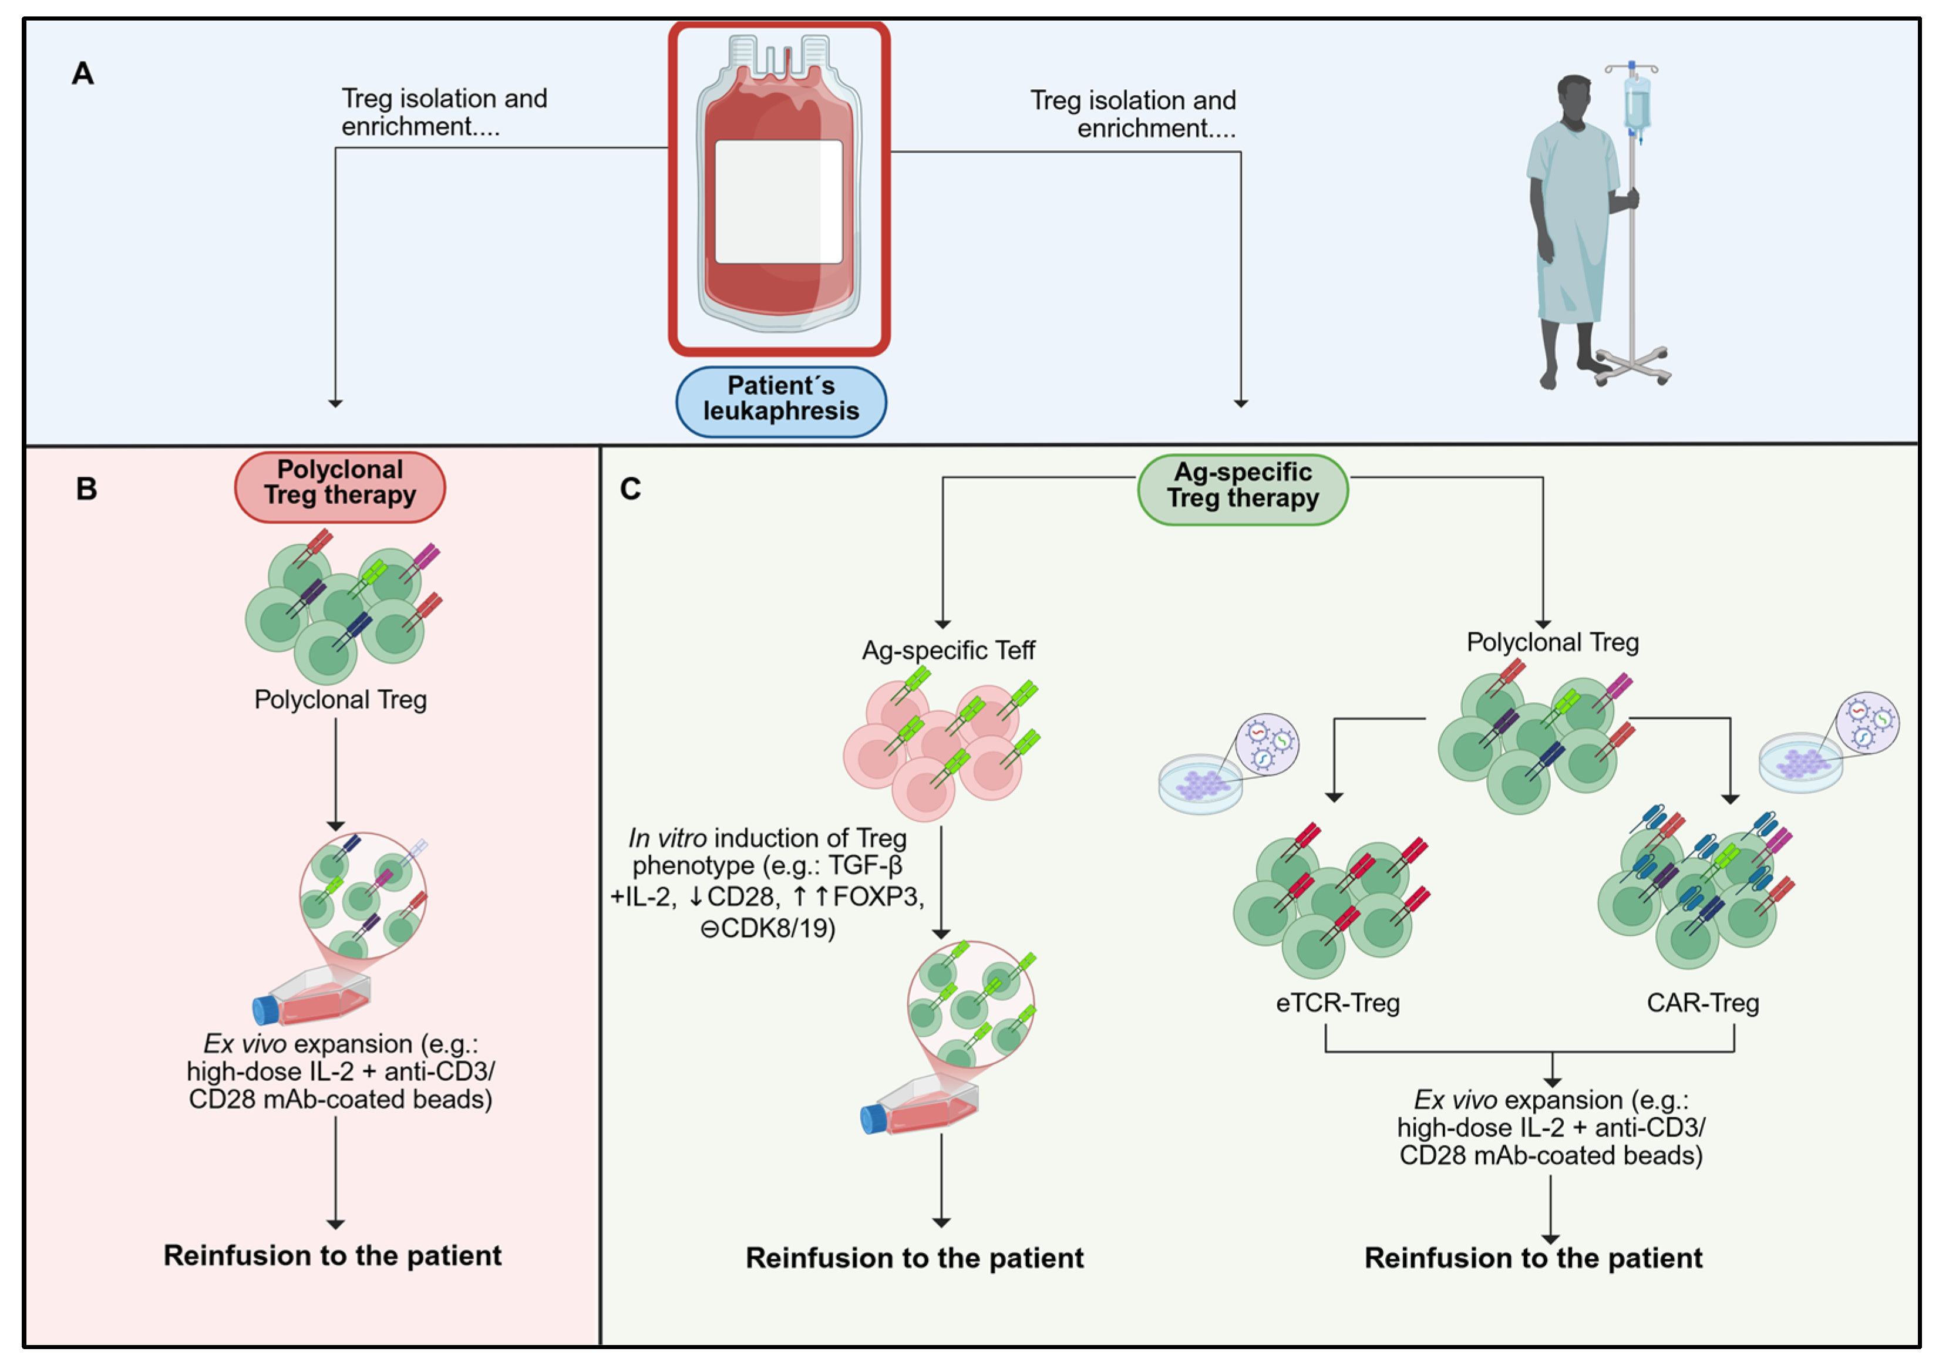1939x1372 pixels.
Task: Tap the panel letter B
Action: pos(86,488)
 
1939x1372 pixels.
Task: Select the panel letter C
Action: pos(630,488)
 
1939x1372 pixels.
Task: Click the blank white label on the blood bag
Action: pos(778,202)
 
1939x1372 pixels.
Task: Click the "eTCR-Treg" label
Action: pos(1338,1003)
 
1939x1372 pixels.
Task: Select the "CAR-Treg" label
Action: pos(1702,1003)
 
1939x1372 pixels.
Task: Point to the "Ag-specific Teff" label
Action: pos(948,650)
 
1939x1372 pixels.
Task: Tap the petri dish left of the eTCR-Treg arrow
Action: pos(1200,784)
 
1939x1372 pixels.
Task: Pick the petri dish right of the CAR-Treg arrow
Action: pos(1800,763)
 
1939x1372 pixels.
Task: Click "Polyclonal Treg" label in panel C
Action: pos(1552,643)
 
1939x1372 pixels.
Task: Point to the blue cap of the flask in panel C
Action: pos(873,1120)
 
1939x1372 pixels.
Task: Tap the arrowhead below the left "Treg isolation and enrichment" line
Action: pos(335,403)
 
